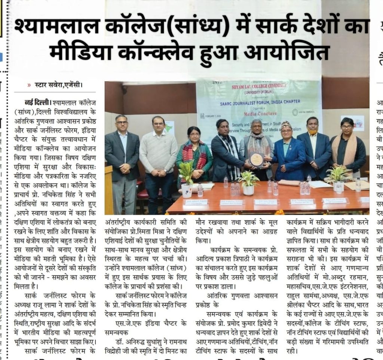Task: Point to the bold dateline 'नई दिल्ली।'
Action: [x=38, y=102]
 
